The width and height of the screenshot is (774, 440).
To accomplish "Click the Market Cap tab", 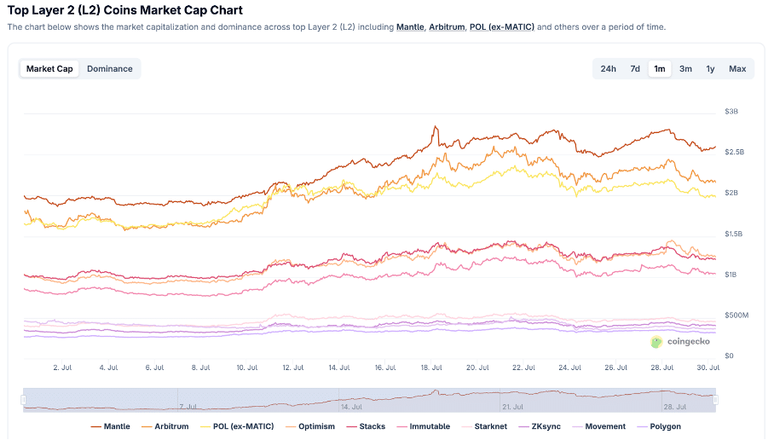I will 49,69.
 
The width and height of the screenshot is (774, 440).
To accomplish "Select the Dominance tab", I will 110,69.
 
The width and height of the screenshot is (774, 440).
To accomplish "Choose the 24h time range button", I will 608,69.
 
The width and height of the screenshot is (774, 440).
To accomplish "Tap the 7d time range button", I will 635,69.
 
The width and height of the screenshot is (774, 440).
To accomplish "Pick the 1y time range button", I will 710,69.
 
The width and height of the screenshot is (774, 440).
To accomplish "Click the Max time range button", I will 737,69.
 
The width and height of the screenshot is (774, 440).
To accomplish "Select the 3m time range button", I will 685,69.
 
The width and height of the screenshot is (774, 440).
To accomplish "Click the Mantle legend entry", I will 110,426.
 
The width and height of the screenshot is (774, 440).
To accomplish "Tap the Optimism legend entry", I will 310,426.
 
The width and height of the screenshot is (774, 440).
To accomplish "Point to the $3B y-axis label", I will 731,112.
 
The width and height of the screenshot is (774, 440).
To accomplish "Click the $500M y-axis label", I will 736,316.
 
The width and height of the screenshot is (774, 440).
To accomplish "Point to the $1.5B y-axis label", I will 733,234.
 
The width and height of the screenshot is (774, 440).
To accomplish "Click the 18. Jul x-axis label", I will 431,368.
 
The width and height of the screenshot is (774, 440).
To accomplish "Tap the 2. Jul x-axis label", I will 61,368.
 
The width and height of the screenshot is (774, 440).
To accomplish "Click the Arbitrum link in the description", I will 447,27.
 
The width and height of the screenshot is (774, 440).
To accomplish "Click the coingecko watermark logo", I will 679,342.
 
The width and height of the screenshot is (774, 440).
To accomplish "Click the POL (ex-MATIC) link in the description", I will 502,27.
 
